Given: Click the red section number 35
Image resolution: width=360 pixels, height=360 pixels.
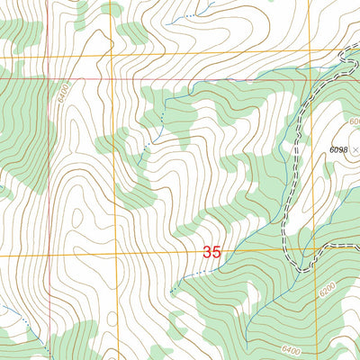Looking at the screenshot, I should [211, 253].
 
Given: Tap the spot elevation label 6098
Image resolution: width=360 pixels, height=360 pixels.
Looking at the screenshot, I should [339, 148].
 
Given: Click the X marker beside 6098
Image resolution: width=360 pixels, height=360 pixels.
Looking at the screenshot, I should [356, 148].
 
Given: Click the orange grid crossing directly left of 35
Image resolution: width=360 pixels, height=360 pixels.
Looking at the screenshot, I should [115, 255].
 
